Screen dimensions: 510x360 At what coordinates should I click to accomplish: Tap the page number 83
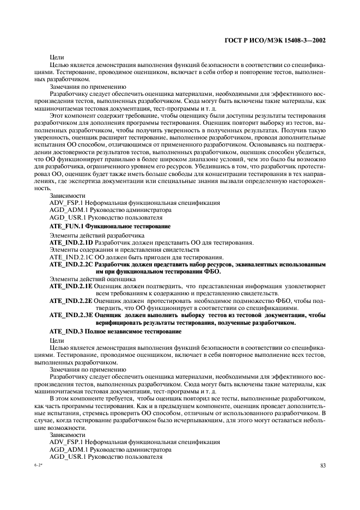pos(323,465)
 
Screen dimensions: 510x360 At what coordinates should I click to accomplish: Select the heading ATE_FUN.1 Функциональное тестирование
pos(109,225)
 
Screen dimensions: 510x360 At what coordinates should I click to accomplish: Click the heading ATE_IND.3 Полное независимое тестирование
pos(115,331)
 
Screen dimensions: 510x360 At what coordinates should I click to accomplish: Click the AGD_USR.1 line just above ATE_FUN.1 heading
pos(93,217)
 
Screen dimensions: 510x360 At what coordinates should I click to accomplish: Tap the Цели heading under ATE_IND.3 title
pos(57,340)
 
